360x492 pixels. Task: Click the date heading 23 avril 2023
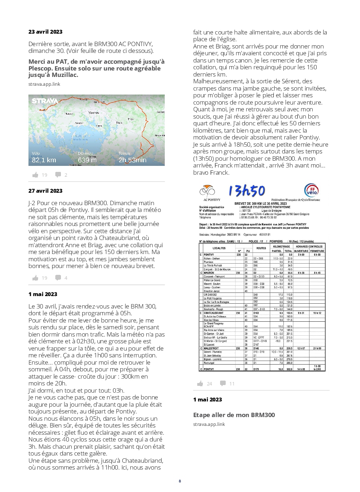[45, 32]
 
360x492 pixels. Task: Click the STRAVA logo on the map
[44, 101]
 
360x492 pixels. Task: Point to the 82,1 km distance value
[44, 160]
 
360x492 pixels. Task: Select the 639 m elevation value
[87, 160]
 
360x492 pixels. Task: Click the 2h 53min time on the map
[132, 160]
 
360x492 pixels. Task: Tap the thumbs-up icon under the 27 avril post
[35, 278]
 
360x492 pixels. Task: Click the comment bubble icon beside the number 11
[222, 383]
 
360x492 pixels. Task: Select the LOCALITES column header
[219, 248]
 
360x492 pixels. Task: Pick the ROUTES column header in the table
[261, 248]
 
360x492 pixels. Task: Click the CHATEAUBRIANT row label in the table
[214, 313]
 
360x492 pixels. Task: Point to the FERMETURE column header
[317, 251]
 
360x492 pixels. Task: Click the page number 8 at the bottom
[180, 481]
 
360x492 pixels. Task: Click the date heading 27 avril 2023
[45, 191]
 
